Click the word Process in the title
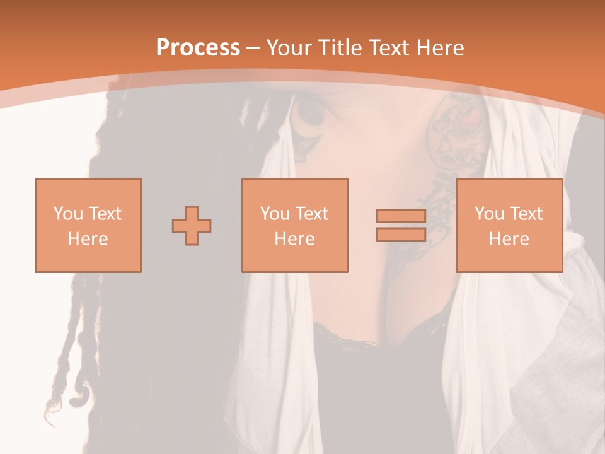click(x=198, y=48)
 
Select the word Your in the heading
click(x=291, y=48)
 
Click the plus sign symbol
click(x=192, y=225)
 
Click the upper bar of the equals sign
click(x=401, y=216)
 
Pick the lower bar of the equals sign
click(x=401, y=234)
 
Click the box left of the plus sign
click(x=88, y=225)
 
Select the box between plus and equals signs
click(x=294, y=225)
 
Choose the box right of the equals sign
click(x=509, y=225)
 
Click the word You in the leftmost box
click(x=67, y=214)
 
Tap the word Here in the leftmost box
click(x=88, y=239)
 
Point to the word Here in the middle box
click(x=294, y=239)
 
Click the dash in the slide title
click(x=253, y=48)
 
